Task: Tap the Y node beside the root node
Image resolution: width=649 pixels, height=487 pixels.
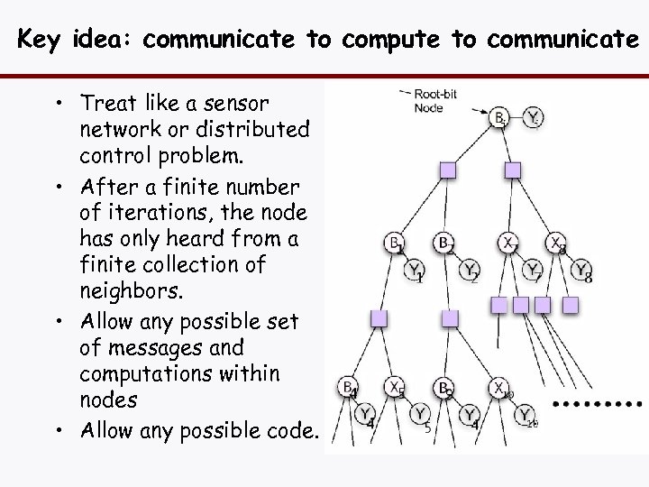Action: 534,117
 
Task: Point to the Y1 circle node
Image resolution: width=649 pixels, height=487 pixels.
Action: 415,270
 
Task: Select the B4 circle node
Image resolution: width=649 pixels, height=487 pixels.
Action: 348,387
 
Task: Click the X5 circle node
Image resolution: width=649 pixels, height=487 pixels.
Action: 394,387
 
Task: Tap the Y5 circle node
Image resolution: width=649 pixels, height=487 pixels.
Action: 421,415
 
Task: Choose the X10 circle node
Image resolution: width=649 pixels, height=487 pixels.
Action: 500,388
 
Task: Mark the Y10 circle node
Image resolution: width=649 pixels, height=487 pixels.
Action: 526,415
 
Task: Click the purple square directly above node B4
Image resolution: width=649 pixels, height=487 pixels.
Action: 379,318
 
